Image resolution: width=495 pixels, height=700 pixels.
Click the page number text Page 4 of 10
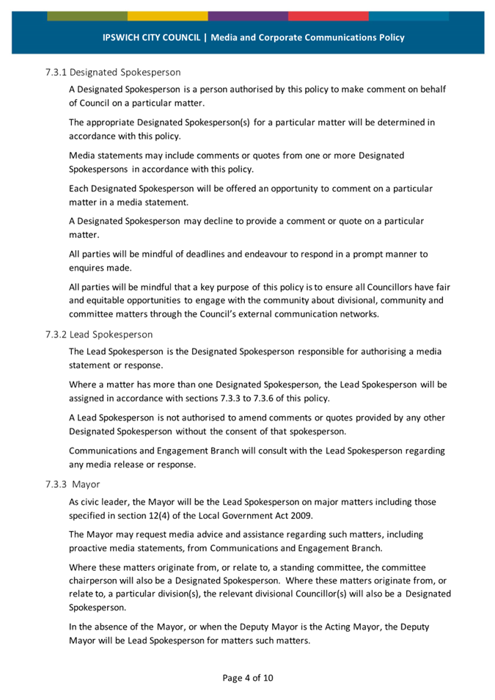[x=248, y=678]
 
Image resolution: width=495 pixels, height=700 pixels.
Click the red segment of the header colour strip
[x=328, y=15]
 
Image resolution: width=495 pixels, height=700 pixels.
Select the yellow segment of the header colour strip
[x=167, y=15]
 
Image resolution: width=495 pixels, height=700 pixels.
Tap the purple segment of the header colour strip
[x=248, y=15]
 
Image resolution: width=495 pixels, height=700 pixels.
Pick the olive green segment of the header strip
[x=87, y=15]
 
